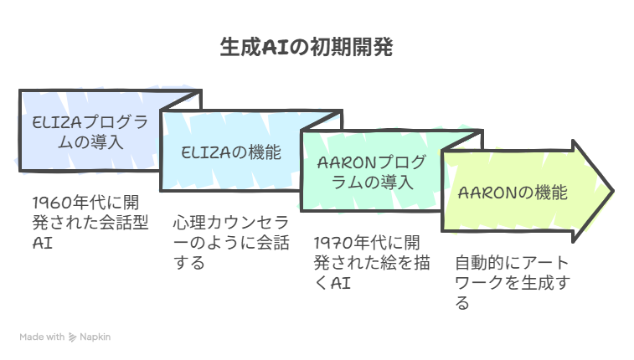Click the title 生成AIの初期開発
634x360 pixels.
[x=306, y=47]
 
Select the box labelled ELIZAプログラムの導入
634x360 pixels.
[x=90, y=131]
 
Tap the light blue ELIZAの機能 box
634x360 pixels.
[x=231, y=152]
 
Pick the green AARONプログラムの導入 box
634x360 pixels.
[x=372, y=172]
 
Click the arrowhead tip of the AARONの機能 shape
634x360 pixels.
[x=613, y=191]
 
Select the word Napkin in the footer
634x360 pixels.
[x=95, y=337]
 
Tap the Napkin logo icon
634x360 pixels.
[x=72, y=337]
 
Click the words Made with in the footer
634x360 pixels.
[x=42, y=337]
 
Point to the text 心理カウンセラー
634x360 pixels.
[x=231, y=232]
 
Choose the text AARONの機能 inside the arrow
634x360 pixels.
[x=513, y=193]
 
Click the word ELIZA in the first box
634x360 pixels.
[x=57, y=122]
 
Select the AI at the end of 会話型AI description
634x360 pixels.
[x=43, y=244]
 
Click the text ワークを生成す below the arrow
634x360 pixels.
[x=513, y=283]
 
